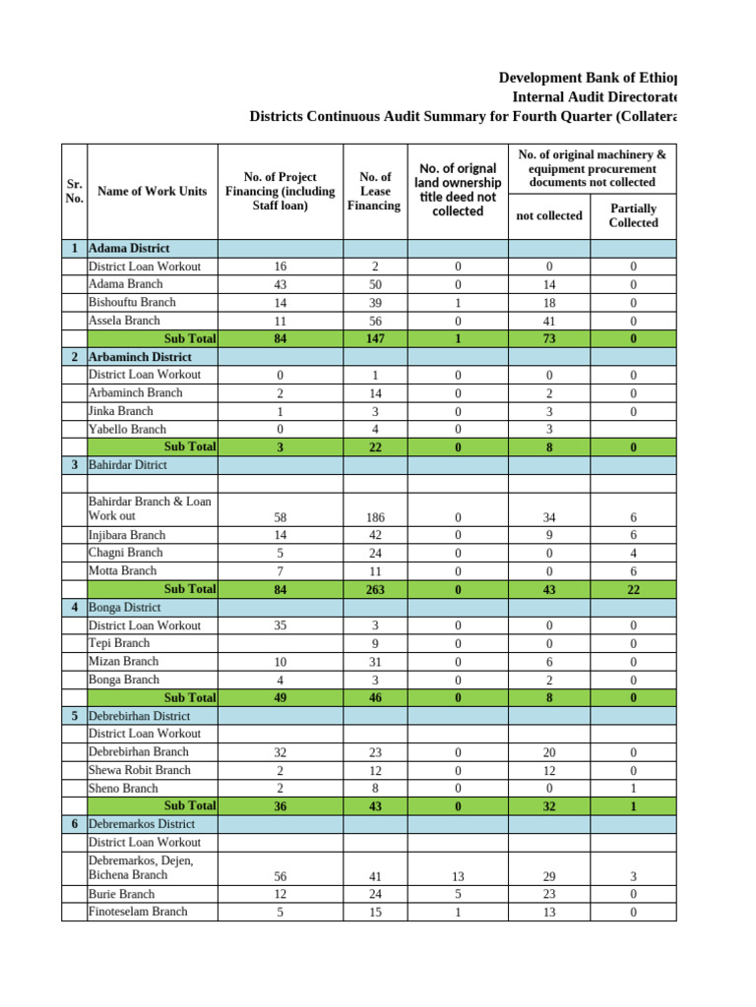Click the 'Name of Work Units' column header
click(152, 191)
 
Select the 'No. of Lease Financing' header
click(374, 191)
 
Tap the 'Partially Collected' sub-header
click(633, 215)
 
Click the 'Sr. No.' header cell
click(74, 191)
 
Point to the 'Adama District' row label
click(129, 249)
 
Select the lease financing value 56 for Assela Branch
click(374, 321)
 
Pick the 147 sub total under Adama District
click(374, 338)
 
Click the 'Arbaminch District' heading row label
click(140, 357)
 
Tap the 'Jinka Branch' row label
click(121, 411)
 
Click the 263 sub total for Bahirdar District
click(374, 590)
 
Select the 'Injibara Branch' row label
click(127, 535)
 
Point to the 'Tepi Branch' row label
click(119, 643)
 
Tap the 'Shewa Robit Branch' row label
click(140, 770)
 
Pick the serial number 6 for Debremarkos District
click(74, 824)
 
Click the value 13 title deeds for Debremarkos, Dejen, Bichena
click(457, 875)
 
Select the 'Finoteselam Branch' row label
click(138, 912)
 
